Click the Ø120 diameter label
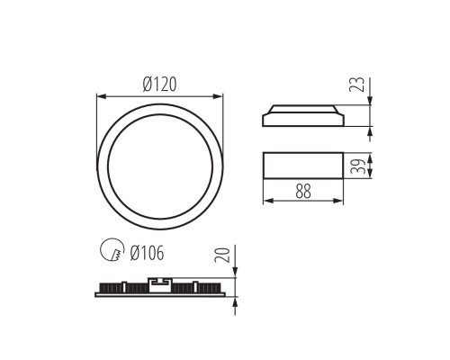point(159,84)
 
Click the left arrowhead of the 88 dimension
point(266,200)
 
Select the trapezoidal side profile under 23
point(301,116)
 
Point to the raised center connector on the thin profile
point(159,286)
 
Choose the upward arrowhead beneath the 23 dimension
point(371,129)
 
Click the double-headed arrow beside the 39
point(371,166)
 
